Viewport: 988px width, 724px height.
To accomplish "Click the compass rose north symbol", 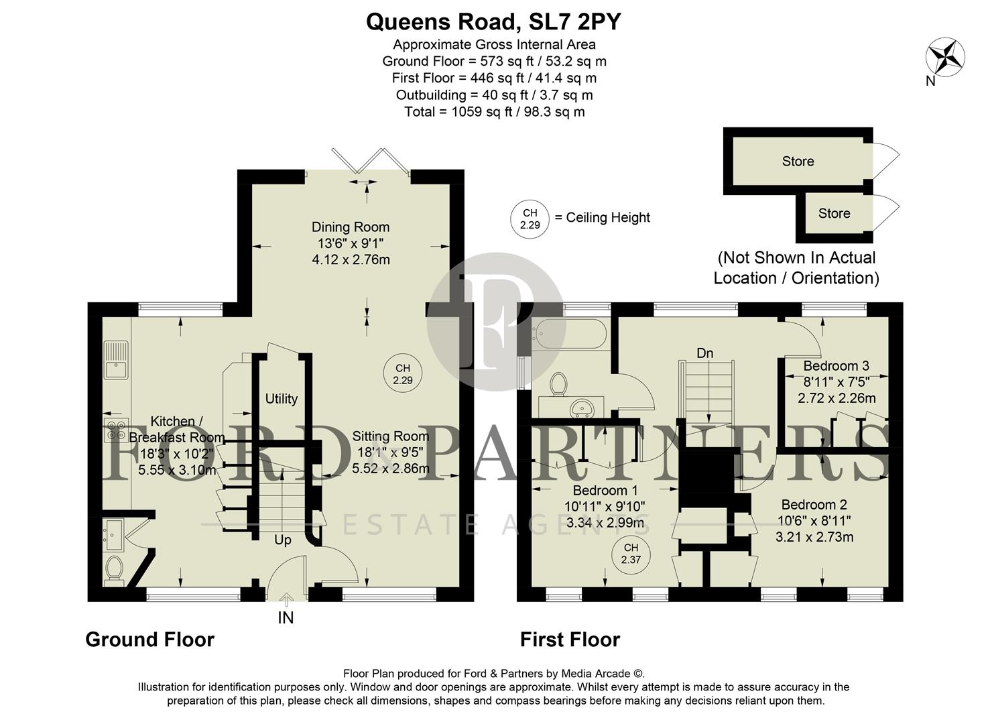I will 945,56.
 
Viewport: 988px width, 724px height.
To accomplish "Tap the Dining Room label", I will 351,227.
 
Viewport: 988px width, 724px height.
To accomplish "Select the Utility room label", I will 281,399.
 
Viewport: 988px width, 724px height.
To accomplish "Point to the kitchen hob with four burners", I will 116,429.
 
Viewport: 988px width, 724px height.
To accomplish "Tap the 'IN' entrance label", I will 286,618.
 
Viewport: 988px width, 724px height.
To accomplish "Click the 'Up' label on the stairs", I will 283,540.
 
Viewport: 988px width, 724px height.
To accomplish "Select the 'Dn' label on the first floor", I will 704,353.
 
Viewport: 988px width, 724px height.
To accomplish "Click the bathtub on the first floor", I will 570,334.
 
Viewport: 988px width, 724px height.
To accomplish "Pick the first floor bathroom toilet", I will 558,385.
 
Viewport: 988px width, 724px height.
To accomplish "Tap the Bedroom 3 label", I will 836,366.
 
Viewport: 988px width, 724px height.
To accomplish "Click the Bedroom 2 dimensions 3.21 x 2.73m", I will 814,537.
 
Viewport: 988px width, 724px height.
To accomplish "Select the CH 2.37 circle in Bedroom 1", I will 631,554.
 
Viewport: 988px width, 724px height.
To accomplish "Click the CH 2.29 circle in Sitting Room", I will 403,374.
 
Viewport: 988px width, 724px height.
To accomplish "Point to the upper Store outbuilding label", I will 798,162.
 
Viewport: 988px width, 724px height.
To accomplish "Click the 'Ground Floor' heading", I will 149,640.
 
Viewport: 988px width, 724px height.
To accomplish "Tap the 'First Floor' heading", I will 570,640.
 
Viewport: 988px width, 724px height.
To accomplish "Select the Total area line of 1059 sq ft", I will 494,112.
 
